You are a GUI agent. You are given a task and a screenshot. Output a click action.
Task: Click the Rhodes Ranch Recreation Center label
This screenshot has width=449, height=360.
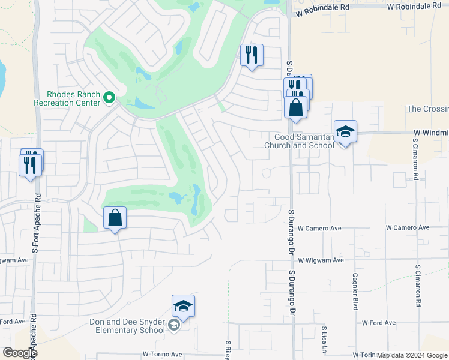tap(73, 98)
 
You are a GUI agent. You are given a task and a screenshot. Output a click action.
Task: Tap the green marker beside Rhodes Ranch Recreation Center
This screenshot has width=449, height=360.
tap(109, 97)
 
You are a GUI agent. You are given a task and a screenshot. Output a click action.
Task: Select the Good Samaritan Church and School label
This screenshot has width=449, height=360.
tap(300, 141)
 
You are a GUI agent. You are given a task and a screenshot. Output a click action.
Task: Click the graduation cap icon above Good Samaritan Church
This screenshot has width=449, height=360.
tap(345, 131)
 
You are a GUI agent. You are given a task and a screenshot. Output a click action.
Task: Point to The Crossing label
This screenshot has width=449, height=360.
tap(427, 109)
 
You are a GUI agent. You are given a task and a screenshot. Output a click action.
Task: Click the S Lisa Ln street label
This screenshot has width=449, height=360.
tap(324, 339)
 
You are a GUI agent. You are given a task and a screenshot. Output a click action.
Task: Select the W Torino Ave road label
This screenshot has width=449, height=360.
tap(162, 355)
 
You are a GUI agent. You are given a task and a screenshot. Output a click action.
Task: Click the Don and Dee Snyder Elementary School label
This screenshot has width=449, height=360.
tap(127, 326)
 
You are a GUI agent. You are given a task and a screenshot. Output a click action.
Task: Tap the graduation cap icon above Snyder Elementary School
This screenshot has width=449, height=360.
tap(183, 306)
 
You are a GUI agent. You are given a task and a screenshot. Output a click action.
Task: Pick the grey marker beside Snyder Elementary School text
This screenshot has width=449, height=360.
tap(174, 326)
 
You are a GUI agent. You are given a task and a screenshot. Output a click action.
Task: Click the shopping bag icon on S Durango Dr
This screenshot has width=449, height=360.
tap(295, 107)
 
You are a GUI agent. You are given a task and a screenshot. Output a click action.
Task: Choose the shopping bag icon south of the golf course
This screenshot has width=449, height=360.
tap(115, 218)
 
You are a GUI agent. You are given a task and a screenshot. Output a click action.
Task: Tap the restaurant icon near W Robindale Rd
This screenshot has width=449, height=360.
tap(252, 55)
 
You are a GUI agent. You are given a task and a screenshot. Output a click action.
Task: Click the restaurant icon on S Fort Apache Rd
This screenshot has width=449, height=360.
tap(30, 163)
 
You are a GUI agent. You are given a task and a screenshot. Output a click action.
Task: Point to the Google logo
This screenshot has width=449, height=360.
tap(20, 353)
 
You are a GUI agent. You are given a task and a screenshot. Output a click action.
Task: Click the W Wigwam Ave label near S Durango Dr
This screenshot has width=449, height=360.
tap(321, 260)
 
